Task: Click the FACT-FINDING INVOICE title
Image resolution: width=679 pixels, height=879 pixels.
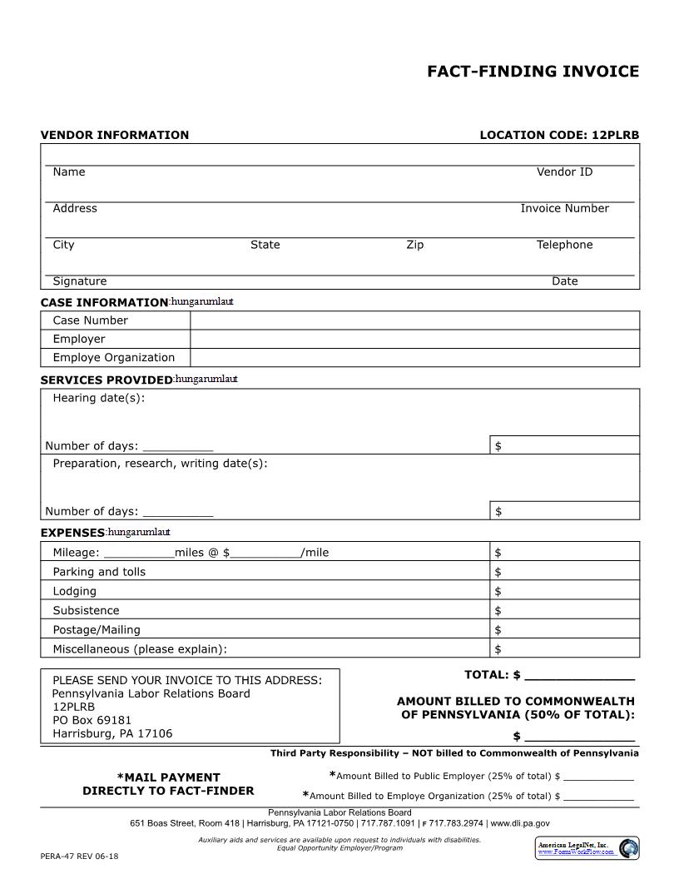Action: tap(533, 72)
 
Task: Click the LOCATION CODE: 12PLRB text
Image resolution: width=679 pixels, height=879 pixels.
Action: tap(559, 135)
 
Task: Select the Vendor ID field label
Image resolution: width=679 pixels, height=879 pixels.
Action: tap(564, 171)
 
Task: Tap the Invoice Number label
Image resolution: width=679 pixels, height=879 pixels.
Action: tap(564, 208)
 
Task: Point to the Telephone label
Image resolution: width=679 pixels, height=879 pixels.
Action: tap(564, 245)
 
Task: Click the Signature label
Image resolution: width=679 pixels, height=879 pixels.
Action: tap(80, 281)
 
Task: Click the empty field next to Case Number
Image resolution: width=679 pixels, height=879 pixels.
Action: tap(414, 320)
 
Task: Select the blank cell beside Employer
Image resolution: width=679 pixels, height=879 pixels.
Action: tap(414, 339)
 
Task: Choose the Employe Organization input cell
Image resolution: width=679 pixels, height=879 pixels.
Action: tap(414, 358)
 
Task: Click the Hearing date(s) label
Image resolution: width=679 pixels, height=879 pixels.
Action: tap(98, 398)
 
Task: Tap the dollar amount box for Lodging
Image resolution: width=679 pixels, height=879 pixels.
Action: tap(564, 592)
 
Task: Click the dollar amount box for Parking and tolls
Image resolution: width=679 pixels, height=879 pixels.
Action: tap(564, 572)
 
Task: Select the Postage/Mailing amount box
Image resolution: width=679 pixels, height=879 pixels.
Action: tap(564, 630)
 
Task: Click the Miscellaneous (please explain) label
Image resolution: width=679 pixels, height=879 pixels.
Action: tap(140, 649)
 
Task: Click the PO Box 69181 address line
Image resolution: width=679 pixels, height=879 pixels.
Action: tap(92, 720)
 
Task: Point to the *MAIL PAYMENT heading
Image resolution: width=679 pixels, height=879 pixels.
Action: tap(168, 777)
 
